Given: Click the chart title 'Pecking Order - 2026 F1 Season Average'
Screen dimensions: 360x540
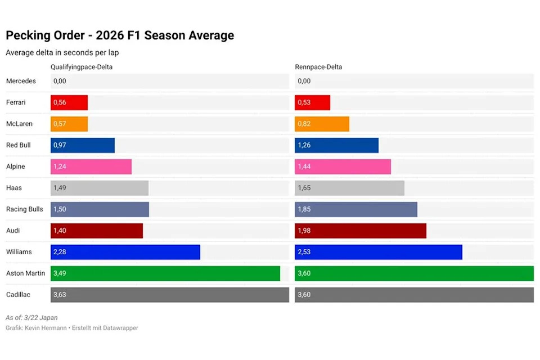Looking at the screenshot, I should (119, 35).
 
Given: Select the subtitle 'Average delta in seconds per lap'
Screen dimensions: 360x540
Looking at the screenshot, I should (62, 53).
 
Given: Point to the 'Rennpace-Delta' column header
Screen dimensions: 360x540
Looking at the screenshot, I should (318, 67).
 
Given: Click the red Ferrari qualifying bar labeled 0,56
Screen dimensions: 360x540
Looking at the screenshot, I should (69, 102).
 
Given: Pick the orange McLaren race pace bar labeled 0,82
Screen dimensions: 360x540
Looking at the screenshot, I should (322, 124).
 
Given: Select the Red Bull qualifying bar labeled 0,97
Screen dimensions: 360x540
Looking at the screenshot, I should (83, 145).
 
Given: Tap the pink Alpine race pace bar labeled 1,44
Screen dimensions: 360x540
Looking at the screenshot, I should (343, 166).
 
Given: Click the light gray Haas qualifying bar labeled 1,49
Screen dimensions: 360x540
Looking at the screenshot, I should (100, 188).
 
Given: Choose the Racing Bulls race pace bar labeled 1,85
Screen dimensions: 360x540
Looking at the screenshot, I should (356, 209).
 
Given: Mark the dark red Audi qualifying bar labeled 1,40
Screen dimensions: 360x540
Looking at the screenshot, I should (97, 231).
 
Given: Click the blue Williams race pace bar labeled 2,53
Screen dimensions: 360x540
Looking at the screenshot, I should (379, 252).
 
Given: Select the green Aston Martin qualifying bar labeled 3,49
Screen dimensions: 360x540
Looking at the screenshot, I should (165, 273).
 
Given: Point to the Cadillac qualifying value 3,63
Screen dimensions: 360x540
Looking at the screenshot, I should (59, 295).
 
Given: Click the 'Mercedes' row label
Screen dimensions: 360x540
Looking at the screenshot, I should (21, 81).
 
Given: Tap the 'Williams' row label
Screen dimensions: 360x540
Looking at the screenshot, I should (19, 252).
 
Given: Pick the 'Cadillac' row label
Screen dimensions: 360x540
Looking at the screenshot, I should (19, 295).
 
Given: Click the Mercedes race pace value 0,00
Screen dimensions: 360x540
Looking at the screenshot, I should (304, 81).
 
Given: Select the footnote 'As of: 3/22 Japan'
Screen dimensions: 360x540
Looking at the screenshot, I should (31, 318).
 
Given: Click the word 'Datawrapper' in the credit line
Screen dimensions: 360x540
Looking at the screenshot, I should (121, 328).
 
